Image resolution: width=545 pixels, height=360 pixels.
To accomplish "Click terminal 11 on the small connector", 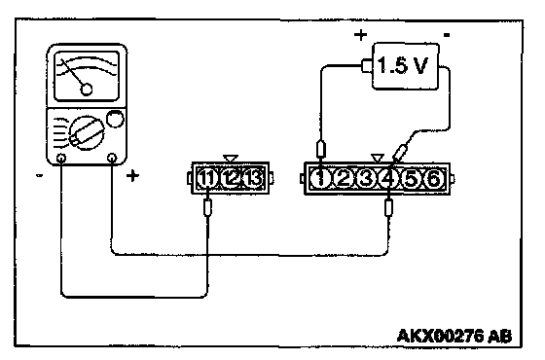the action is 207,179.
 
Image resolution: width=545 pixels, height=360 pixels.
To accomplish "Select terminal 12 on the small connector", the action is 231,179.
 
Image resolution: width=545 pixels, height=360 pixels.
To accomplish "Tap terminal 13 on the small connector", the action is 253,179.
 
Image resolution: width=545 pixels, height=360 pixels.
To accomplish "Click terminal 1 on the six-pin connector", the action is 320,179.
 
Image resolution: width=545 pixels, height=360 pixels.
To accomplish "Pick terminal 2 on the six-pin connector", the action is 344,179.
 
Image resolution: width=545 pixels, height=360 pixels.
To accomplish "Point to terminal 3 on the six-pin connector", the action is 366,179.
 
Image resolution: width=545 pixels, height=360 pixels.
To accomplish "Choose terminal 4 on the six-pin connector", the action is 388,179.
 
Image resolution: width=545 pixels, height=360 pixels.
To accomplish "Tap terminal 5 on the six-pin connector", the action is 411,179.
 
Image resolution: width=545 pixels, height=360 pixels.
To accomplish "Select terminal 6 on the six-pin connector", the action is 433,179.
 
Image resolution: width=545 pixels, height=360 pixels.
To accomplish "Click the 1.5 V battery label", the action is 402,65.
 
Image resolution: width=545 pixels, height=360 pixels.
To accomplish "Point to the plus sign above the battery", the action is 360,35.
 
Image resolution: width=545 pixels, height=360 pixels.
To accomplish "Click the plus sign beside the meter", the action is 132,176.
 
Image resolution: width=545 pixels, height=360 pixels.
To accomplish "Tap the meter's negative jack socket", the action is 61,158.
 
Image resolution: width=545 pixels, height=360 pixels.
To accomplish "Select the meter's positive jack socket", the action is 112,158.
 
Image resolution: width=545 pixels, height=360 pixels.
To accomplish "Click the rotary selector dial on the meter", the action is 87,133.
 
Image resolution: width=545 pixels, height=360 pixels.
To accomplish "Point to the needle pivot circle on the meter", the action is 87,90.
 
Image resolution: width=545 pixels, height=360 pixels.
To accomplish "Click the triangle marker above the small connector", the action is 231,159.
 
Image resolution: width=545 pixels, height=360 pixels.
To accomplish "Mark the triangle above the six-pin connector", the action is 378,158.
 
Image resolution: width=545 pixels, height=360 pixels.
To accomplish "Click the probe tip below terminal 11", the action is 207,207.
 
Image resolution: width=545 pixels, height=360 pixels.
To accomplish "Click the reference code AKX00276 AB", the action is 454,336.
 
